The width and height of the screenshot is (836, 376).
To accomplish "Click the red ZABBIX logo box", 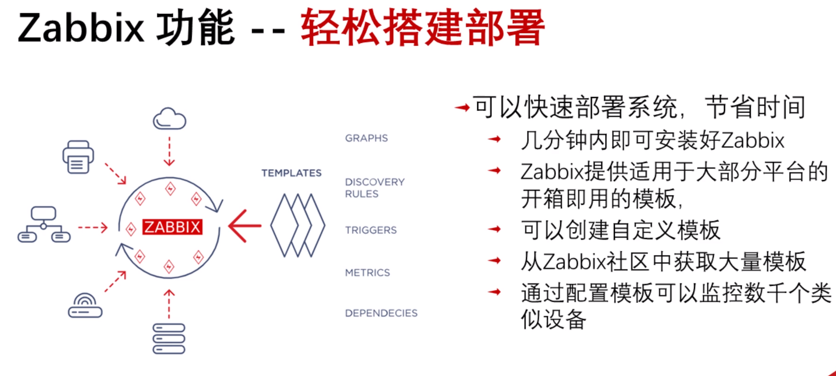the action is (x=172, y=227).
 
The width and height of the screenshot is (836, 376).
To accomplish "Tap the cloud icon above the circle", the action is (x=170, y=119).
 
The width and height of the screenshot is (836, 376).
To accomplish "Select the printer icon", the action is (x=78, y=157).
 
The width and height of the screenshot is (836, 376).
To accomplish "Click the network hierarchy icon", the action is (x=44, y=225).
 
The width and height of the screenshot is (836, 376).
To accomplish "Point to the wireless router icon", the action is (x=85, y=305).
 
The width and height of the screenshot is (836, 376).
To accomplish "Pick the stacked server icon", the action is (x=169, y=339).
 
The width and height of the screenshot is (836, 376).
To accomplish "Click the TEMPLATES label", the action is (x=291, y=173).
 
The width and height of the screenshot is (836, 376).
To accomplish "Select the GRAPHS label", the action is (x=366, y=138).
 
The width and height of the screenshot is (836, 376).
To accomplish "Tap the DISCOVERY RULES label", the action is (x=375, y=188).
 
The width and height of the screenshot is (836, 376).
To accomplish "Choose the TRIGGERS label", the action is (x=371, y=230).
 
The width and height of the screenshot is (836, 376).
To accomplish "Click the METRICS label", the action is (x=367, y=273).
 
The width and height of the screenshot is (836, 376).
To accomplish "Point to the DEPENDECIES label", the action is (x=381, y=313).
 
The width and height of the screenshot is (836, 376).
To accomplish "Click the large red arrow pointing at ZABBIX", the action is (x=244, y=226).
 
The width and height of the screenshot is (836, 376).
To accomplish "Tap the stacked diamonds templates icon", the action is (x=297, y=226).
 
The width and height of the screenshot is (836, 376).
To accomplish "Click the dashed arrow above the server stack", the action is (x=169, y=304).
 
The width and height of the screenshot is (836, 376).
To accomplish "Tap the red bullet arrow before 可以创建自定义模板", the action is (x=494, y=229).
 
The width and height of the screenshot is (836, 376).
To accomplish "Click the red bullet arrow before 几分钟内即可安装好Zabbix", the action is (x=494, y=139).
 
